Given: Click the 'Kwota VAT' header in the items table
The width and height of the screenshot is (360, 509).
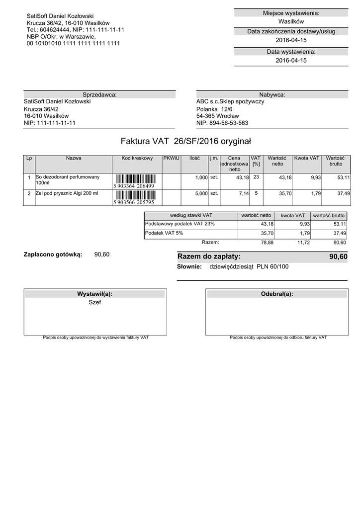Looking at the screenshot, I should click(307, 158).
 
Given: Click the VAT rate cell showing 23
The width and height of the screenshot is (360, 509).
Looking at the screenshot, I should click(256, 177).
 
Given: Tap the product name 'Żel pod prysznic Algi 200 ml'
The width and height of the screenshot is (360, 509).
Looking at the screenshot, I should click(67, 193).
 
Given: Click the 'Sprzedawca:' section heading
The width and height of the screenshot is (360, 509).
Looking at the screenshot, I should click(99, 94).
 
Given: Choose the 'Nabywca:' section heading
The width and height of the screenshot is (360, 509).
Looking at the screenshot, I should click(272, 94).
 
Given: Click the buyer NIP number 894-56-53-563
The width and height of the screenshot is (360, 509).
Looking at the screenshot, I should click(222, 123).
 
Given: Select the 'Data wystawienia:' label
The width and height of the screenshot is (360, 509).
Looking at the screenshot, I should click(291, 52).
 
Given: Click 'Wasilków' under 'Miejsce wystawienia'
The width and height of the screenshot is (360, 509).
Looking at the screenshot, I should click(291, 22).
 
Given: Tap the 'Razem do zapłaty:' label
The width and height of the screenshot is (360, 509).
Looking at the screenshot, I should click(209, 256).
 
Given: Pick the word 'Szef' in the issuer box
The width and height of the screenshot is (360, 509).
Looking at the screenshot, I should click(94, 302).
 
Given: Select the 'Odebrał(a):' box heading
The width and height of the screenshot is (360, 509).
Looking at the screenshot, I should click(277, 294).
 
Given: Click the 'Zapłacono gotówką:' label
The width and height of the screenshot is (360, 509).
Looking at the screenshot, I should click(52, 254).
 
